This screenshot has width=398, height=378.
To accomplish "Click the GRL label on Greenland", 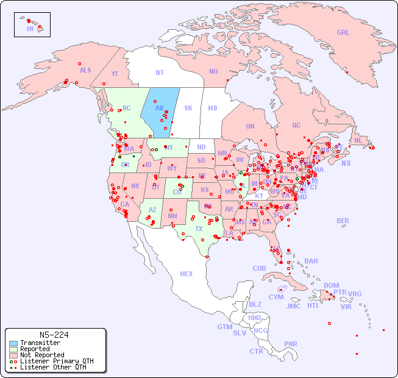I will (343, 33).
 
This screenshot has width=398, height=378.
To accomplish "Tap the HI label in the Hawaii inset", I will (30, 29).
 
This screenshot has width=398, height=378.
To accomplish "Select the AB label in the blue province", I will (159, 109).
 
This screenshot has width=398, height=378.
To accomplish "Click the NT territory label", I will (160, 73).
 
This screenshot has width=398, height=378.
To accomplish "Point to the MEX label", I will (187, 274).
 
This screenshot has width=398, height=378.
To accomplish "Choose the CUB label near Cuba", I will (259, 268).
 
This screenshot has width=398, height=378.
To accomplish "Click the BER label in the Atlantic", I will (343, 221).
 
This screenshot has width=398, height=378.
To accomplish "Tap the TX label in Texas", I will (199, 229).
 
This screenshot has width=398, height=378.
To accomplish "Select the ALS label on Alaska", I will (85, 71).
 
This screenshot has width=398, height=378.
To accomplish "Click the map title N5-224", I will (54, 335).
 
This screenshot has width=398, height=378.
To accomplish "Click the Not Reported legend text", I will (41, 355).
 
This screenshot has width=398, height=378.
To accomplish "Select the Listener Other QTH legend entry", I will (52, 367).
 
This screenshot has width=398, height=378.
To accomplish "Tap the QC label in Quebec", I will (296, 125).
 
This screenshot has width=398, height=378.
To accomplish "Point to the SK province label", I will (188, 109).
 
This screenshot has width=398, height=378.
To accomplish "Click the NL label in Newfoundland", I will (358, 140).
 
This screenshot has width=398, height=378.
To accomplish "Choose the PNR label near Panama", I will (291, 344).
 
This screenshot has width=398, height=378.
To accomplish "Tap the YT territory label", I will (115, 74).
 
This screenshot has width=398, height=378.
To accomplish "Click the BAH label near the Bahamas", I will (311, 261).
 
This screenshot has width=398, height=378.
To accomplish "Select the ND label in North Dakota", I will (201, 147).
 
